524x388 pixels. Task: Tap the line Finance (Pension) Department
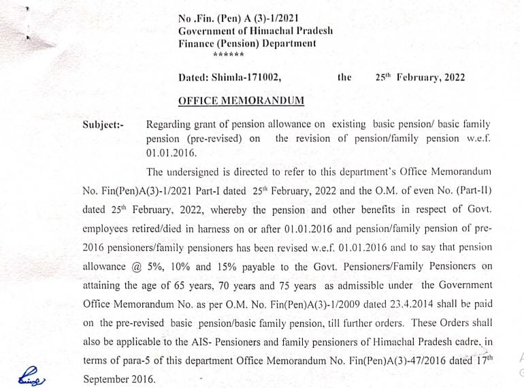click(247, 44)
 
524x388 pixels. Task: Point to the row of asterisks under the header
click(228, 55)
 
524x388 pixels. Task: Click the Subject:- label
click(103, 125)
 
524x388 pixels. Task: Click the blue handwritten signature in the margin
click(33, 375)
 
